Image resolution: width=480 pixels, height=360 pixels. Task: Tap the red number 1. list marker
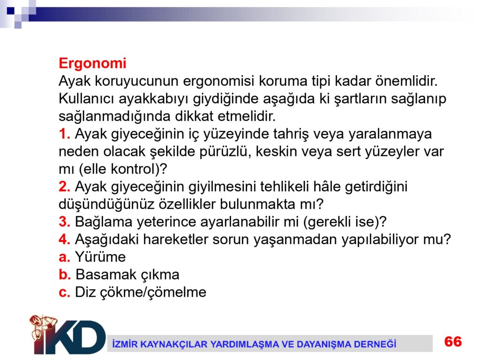click(65, 134)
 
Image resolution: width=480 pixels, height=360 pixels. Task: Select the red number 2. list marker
click(65, 187)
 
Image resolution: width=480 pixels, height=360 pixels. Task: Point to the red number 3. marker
click(65, 222)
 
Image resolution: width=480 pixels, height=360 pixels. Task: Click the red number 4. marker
click(65, 239)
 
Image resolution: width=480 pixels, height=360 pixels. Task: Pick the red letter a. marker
click(65, 257)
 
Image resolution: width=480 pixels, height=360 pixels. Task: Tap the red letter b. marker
click(65, 274)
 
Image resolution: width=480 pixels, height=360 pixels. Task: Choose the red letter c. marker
click(65, 292)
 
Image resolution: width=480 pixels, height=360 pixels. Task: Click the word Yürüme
click(100, 257)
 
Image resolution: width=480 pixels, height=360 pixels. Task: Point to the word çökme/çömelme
click(160, 292)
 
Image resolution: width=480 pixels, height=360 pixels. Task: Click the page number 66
click(453, 342)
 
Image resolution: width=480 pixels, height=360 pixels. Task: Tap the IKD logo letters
click(70, 337)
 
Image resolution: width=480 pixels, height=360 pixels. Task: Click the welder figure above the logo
click(43, 326)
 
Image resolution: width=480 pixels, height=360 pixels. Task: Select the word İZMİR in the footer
click(124, 344)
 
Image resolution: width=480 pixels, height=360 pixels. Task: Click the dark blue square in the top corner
click(11, 11)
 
